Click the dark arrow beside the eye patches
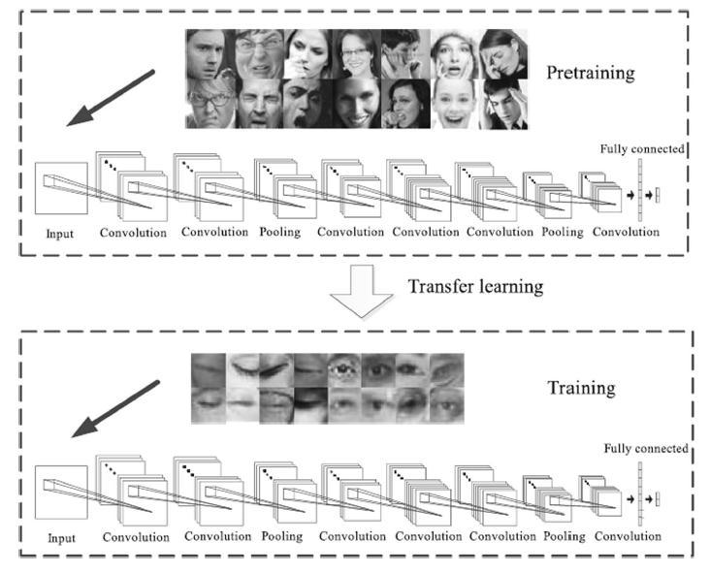click(117, 409)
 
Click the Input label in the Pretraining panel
click(58, 234)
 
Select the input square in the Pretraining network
click(60, 188)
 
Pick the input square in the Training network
click(60, 492)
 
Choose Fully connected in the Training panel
click(645, 449)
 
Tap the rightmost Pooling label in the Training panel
click(563, 536)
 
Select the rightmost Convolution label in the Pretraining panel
click(626, 233)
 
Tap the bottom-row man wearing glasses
click(210, 104)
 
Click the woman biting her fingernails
click(404, 104)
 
